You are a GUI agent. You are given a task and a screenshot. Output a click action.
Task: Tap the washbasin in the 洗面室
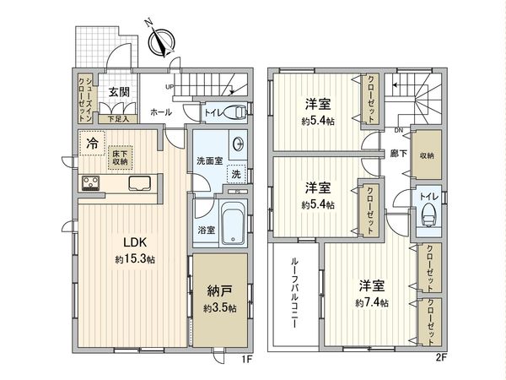tap(238, 143)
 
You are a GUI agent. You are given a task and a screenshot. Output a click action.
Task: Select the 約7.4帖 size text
tap(372, 301)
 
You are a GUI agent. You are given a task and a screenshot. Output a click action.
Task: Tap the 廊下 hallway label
tap(399, 155)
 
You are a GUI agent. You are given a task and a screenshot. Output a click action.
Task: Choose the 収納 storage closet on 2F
tap(427, 155)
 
